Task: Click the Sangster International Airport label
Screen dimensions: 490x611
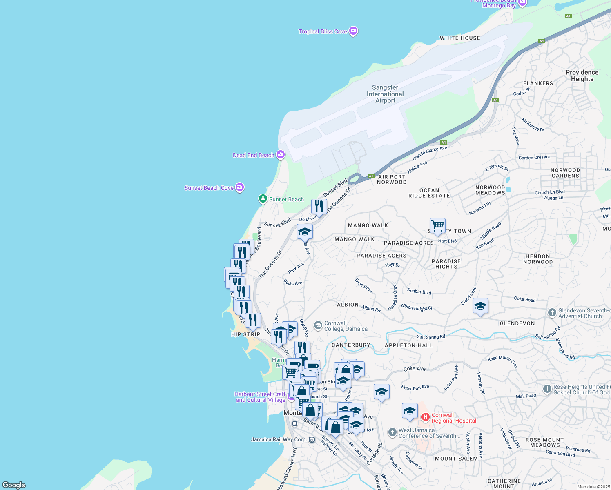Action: [385, 94]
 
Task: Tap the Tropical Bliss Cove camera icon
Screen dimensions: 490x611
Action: [354, 31]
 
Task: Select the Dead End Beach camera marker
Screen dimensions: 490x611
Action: [281, 155]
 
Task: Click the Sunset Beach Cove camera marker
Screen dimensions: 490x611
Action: [240, 187]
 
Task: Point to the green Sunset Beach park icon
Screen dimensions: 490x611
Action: [263, 199]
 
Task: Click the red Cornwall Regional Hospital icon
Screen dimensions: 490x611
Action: [425, 417]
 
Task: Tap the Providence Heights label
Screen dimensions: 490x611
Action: [582, 76]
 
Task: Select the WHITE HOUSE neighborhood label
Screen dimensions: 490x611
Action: [460, 38]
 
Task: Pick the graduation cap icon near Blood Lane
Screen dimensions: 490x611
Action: [480, 306]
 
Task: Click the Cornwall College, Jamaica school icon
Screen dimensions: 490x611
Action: [318, 325]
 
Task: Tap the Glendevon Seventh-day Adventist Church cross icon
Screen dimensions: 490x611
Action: [552, 313]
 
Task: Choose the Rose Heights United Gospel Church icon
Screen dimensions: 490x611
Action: [547, 389]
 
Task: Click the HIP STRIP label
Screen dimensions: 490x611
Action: [245, 334]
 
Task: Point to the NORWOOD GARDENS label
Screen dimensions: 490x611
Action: [565, 173]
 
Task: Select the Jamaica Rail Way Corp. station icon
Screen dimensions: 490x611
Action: [312, 440]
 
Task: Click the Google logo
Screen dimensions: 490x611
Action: [14, 485]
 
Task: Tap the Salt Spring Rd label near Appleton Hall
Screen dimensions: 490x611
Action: [431, 337]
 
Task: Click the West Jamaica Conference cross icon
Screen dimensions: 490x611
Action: [392, 432]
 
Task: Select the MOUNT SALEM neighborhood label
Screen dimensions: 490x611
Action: [456, 459]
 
